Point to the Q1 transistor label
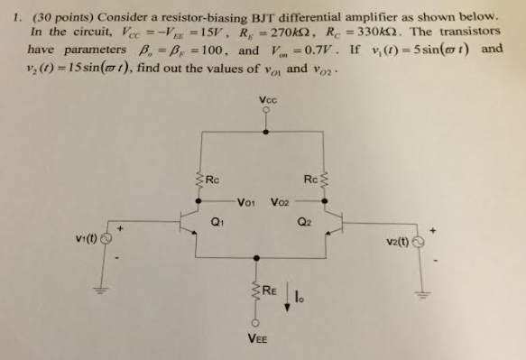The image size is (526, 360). coord(217,220)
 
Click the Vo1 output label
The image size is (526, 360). coord(248,201)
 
